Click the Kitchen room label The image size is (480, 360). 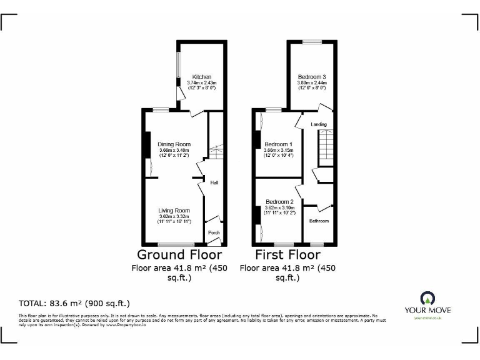[x=197, y=77]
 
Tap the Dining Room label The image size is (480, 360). [x=174, y=144]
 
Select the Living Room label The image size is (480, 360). [x=174, y=211]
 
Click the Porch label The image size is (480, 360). [x=214, y=232]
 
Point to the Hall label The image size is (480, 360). [x=214, y=183]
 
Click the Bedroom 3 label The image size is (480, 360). [x=312, y=77]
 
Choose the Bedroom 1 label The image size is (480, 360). [x=279, y=144]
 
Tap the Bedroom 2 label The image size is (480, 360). [x=278, y=201]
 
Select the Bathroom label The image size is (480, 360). [x=319, y=221]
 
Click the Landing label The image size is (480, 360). [x=319, y=124]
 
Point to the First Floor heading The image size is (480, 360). [x=287, y=255]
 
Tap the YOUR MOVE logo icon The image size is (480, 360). [x=427, y=297]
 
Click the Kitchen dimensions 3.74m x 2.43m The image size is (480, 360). [x=197, y=82]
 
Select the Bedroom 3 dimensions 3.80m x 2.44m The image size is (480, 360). [x=312, y=82]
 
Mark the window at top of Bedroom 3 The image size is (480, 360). [x=312, y=42]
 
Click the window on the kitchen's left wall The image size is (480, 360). [x=177, y=64]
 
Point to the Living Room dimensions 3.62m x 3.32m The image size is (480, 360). [x=174, y=217]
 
